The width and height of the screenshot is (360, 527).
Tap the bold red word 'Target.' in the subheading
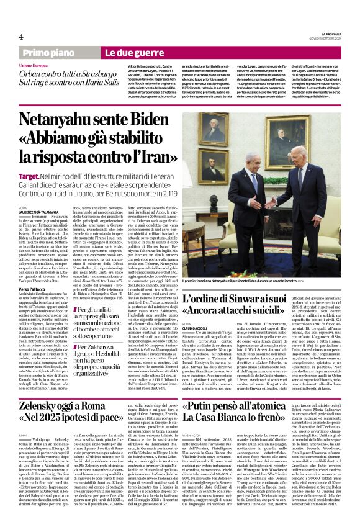click(29, 178)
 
